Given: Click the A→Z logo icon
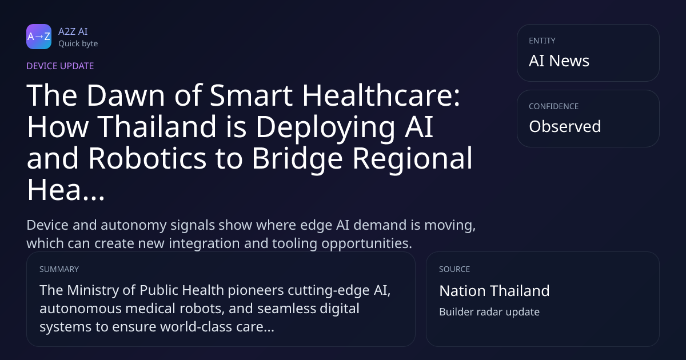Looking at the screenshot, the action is (39, 37).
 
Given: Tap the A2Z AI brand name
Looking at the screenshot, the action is (73, 31).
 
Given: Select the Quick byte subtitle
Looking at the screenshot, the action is (78, 44).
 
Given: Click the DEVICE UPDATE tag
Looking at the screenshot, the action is (60, 66).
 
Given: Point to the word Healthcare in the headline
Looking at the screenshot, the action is (381, 95).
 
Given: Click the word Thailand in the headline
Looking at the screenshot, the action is (157, 127).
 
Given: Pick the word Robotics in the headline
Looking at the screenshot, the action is (147, 158).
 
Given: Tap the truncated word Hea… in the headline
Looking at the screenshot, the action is (66, 190).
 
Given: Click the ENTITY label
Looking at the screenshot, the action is (542, 41).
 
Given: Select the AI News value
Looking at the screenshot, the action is (559, 61).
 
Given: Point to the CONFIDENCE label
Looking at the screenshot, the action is (554, 106).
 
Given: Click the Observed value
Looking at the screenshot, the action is (565, 126).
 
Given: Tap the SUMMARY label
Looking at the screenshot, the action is (59, 269).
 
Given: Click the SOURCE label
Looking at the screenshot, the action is (454, 269).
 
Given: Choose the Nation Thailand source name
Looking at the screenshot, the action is (494, 291).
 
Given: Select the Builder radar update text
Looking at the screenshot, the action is (489, 312).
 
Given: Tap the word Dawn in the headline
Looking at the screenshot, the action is (126, 95).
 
